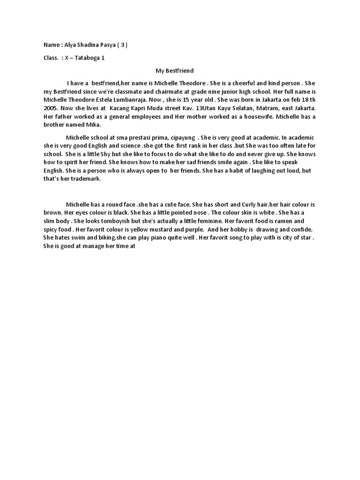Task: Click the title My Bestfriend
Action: tap(174, 71)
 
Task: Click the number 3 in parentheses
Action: tap(121, 45)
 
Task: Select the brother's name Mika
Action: tap(92, 125)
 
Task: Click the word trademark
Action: tap(84, 179)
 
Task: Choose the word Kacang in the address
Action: tap(120, 107)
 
